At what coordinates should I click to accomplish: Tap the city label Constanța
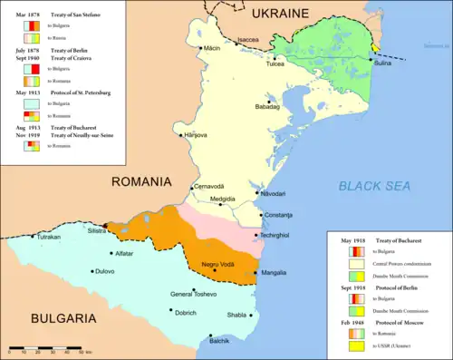pyautogui.click(x=278, y=215)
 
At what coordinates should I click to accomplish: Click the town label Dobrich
pyautogui.click(x=185, y=313)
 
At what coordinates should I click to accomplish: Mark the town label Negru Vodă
pyautogui.click(x=218, y=265)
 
